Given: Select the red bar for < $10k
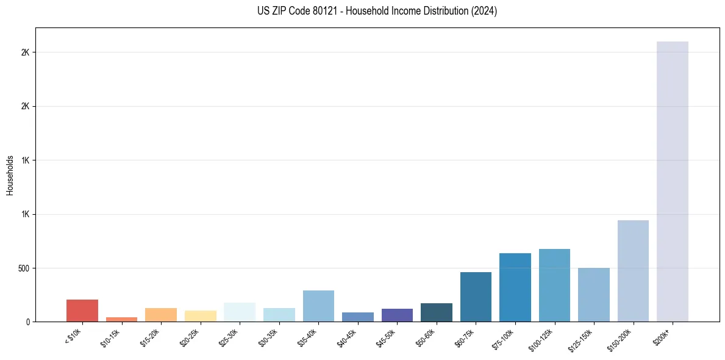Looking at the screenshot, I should click(x=82, y=311).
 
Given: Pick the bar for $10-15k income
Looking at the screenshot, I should click(x=121, y=319).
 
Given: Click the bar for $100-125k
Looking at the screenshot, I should click(x=554, y=285).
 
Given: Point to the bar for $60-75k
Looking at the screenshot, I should click(x=476, y=297).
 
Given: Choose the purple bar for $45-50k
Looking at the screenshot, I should click(x=397, y=315).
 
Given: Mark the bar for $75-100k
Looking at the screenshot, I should click(x=515, y=287).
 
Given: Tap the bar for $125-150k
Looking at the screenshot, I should click(x=593, y=295).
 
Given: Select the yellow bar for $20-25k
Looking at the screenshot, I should click(x=200, y=316).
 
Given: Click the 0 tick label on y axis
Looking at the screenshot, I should click(x=27, y=322).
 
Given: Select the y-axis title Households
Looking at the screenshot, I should click(x=10, y=175).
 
